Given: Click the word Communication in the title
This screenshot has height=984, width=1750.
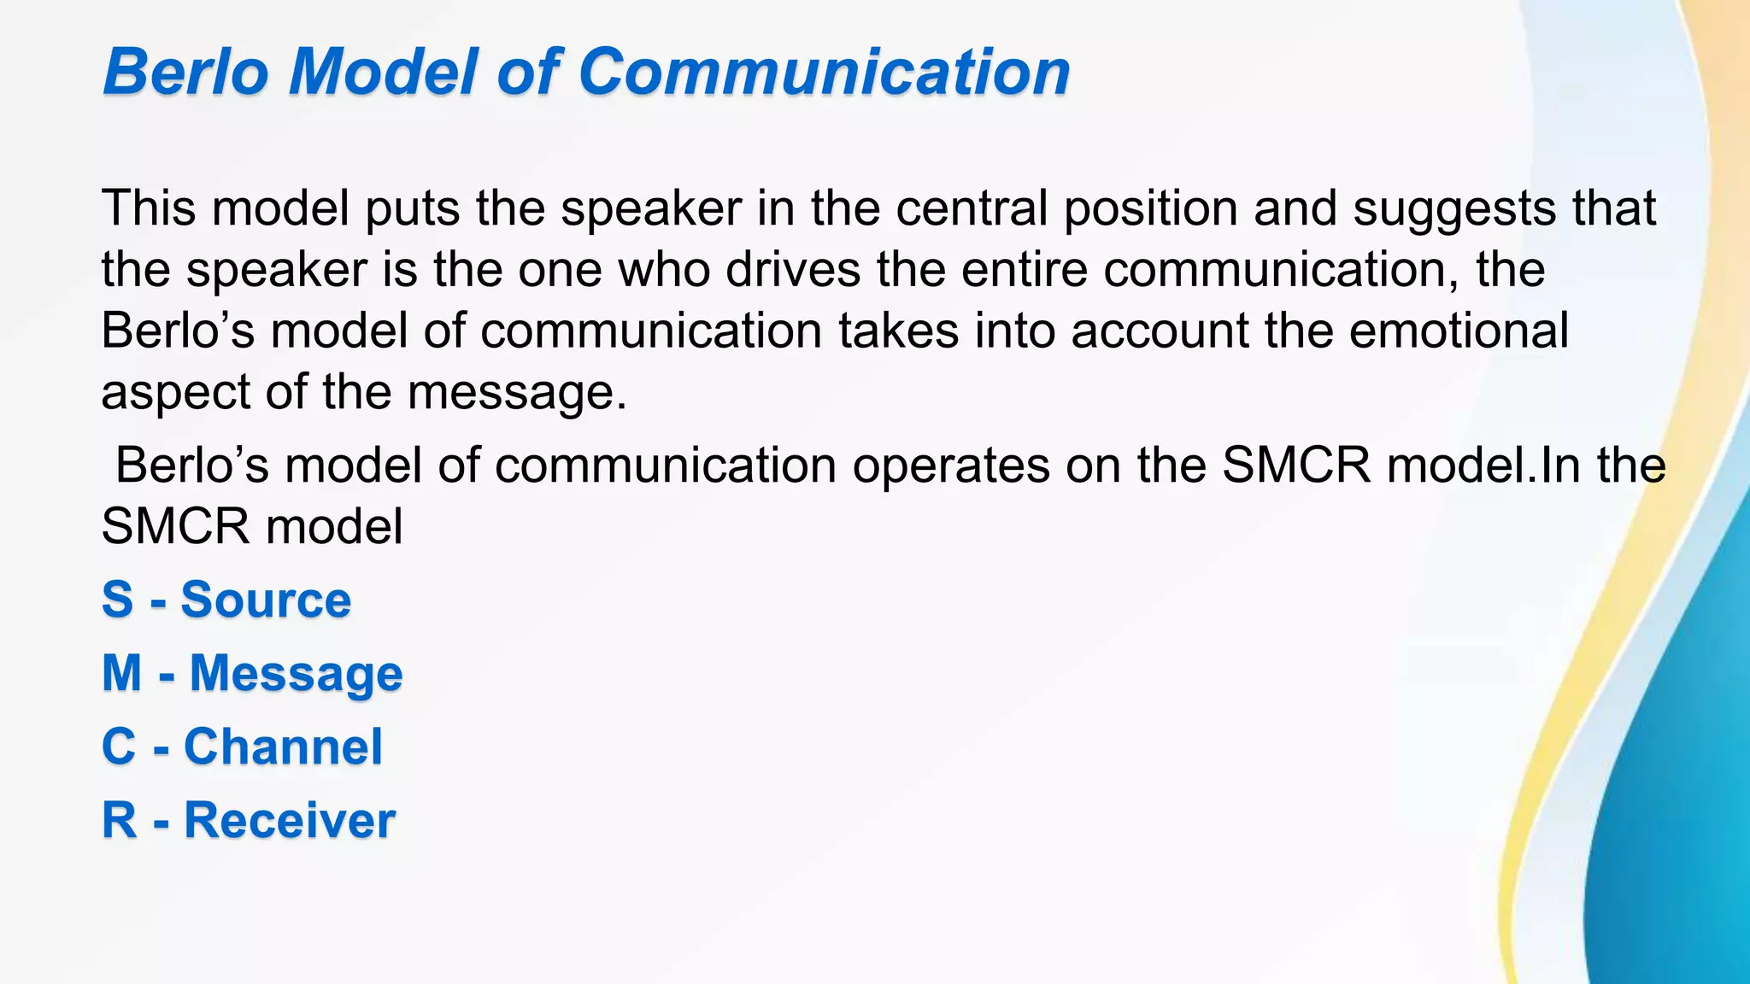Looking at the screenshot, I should [x=824, y=72].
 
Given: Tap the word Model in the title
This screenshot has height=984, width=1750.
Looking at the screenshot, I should [x=383, y=72].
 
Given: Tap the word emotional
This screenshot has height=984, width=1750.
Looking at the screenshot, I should [x=1459, y=331].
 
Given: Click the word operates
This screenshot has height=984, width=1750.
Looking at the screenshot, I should [x=951, y=466].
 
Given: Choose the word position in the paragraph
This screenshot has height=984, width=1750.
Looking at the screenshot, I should [x=1150, y=209].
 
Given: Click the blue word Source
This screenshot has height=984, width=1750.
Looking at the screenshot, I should [x=266, y=600].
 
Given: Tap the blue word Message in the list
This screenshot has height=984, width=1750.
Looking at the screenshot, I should [x=296, y=674].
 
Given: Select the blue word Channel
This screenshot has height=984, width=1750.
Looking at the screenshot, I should [x=283, y=747].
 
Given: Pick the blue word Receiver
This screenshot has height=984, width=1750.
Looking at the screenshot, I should [x=290, y=820].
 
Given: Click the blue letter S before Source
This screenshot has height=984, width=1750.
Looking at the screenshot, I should [x=118, y=600].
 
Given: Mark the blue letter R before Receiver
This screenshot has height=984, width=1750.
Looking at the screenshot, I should [x=120, y=820].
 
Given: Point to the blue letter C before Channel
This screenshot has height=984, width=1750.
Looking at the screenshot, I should [x=119, y=747].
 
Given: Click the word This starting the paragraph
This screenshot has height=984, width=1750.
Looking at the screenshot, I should [x=149, y=208].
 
